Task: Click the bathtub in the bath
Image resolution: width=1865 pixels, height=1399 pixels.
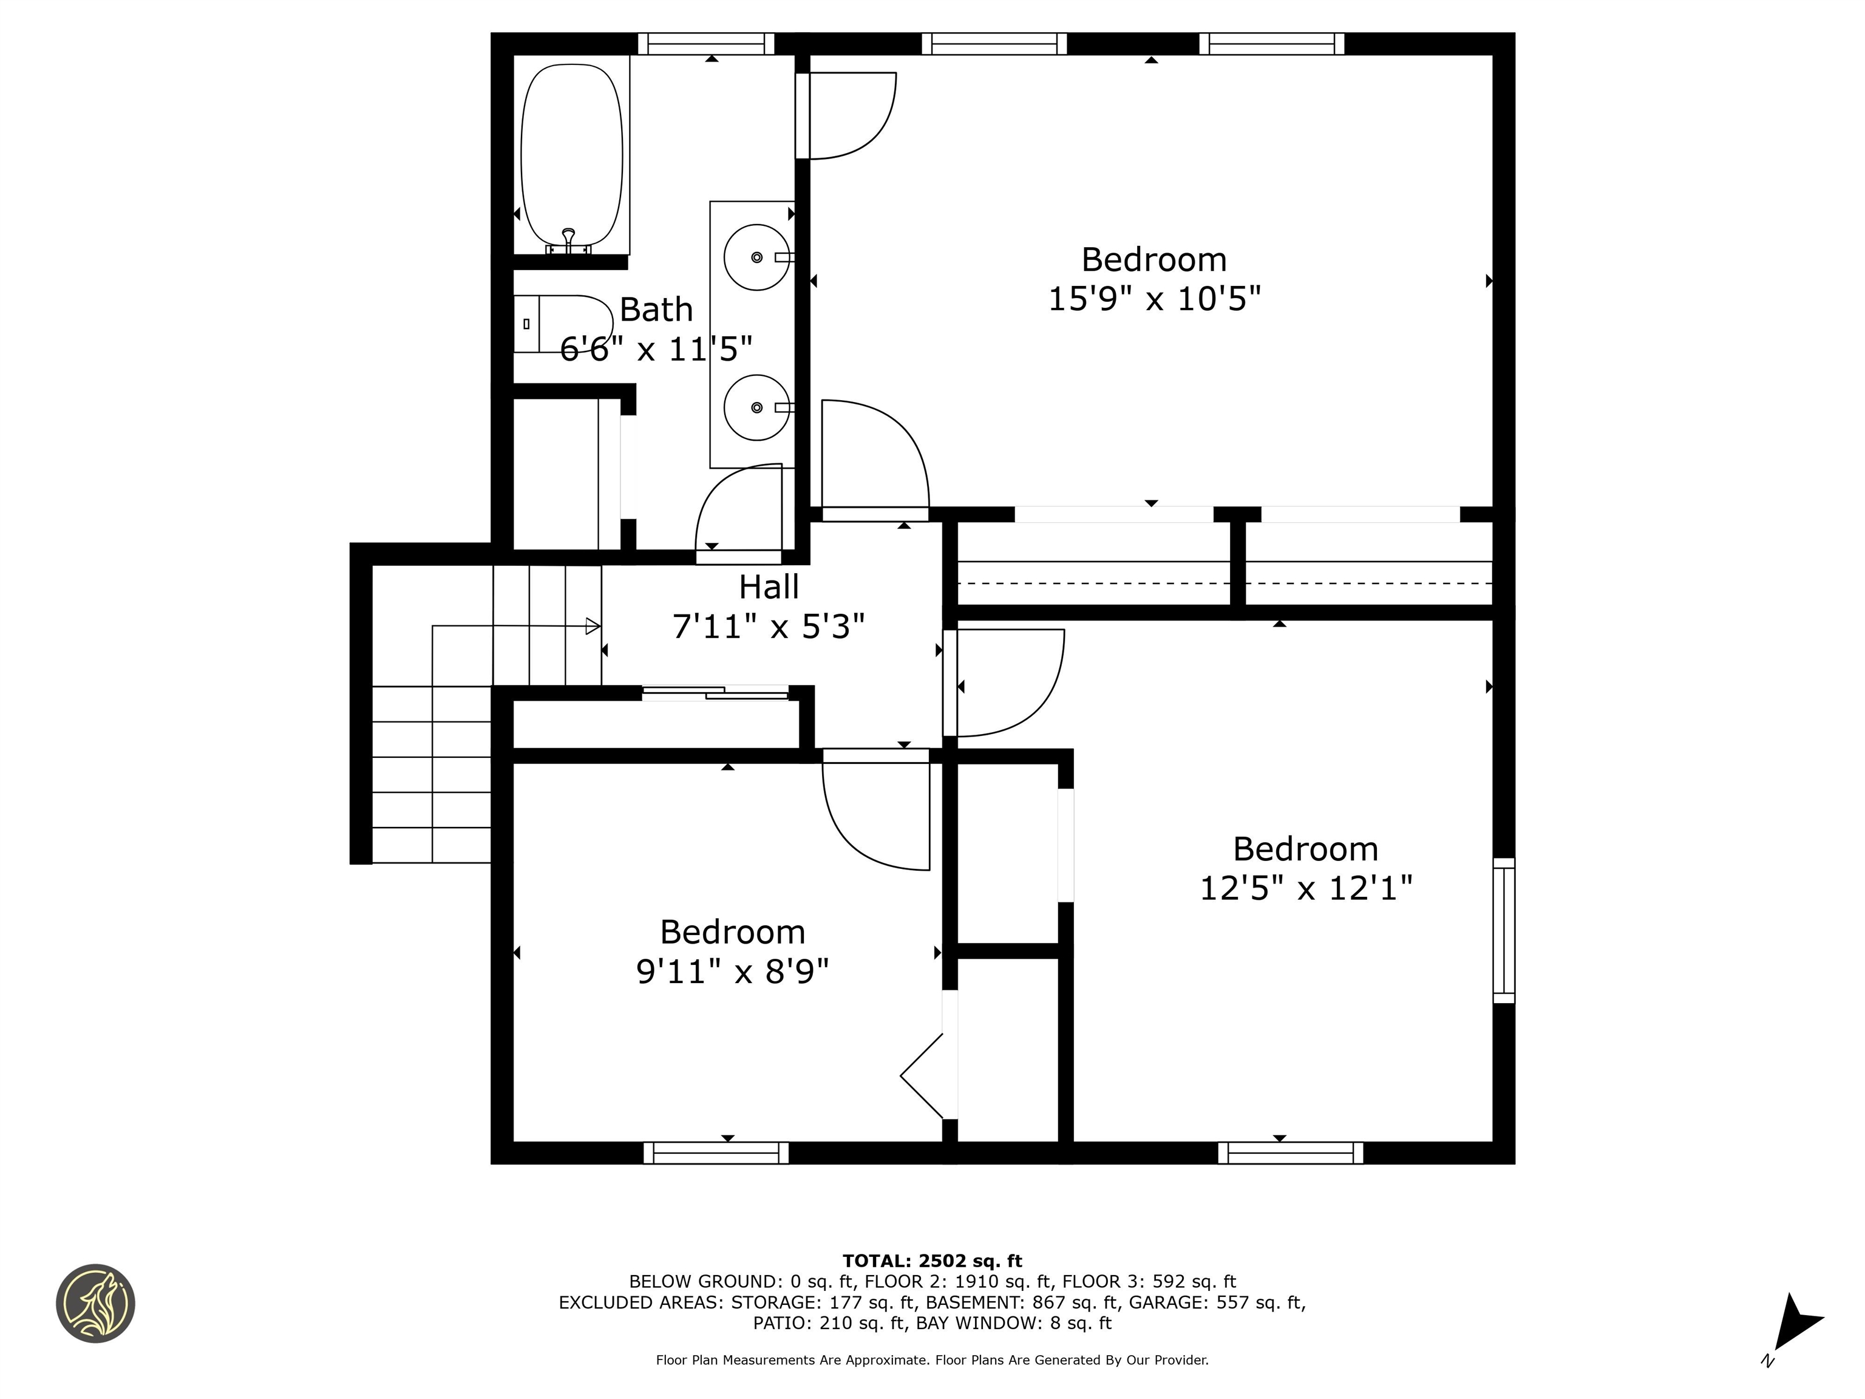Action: (572, 154)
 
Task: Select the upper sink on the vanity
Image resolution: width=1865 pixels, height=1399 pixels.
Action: (756, 257)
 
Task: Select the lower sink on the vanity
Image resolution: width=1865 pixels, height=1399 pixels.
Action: (756, 407)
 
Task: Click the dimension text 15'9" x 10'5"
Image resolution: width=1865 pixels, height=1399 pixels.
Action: (1153, 299)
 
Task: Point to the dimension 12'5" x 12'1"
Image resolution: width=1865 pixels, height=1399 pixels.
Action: (1305, 888)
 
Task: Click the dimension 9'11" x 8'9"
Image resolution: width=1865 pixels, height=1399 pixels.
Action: (732, 972)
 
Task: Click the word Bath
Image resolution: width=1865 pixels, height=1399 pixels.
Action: (656, 310)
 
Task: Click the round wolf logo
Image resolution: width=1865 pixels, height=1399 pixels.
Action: (95, 1303)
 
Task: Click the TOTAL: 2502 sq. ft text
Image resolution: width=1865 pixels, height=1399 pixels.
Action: (932, 1261)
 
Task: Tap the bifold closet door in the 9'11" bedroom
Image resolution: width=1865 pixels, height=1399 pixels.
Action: (924, 1075)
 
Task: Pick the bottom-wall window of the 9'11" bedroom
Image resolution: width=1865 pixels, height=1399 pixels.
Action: (716, 1152)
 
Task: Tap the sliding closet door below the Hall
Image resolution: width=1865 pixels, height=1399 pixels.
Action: (715, 693)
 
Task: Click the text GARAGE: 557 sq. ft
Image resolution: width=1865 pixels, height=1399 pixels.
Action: (1217, 1302)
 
